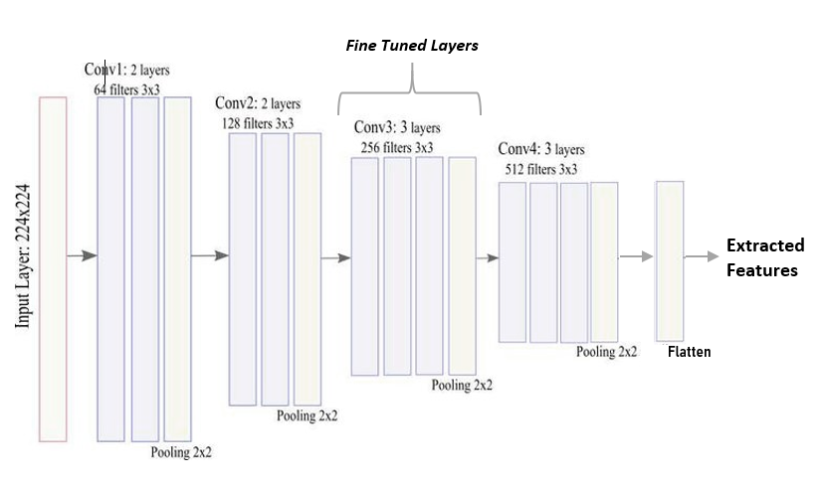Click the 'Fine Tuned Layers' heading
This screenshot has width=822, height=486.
pyautogui.click(x=412, y=46)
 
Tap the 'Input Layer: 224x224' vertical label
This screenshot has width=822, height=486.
pyautogui.click(x=22, y=256)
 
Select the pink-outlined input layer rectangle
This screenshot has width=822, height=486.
pyautogui.click(x=53, y=269)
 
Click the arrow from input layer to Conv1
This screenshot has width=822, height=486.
pyautogui.click(x=83, y=255)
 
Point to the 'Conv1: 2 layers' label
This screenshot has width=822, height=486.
pyautogui.click(x=126, y=70)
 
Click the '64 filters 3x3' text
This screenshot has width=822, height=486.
pyautogui.click(x=126, y=89)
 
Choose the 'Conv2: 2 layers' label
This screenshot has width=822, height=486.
pyautogui.click(x=258, y=103)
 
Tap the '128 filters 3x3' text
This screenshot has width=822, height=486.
pyautogui.click(x=258, y=123)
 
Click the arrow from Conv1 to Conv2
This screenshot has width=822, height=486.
pyautogui.click(x=210, y=255)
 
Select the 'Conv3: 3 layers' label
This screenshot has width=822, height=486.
pyautogui.click(x=397, y=127)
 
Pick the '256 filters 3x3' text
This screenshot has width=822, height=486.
pyautogui.click(x=397, y=148)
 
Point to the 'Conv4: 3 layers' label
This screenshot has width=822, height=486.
pyautogui.click(x=541, y=149)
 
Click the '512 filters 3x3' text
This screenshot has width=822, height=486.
pyautogui.click(x=541, y=169)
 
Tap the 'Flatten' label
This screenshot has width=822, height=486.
pyautogui.click(x=690, y=352)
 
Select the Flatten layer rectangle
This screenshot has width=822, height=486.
pyautogui.click(x=670, y=260)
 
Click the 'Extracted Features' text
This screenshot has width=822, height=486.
pyautogui.click(x=765, y=257)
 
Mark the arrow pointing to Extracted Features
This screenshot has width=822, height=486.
pyautogui.click(x=702, y=256)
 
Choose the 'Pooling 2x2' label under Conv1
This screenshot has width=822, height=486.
pyautogui.click(x=181, y=452)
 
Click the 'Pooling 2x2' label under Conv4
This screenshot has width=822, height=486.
pyautogui.click(x=606, y=352)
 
